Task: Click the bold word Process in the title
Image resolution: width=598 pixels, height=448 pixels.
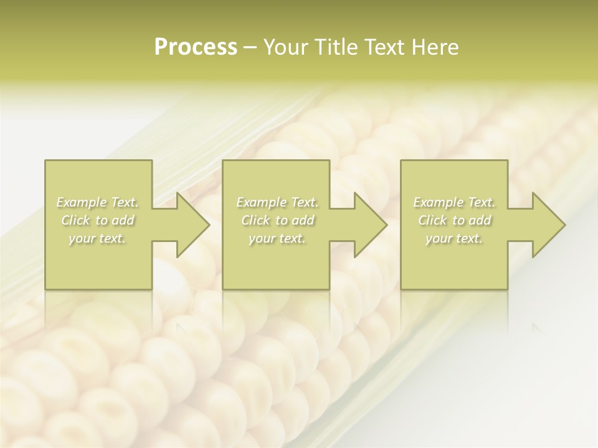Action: (196, 47)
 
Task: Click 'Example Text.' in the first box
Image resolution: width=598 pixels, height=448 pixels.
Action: (98, 202)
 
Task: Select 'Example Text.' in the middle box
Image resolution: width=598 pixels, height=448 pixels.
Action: (277, 202)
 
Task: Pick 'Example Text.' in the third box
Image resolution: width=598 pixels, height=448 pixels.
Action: (454, 202)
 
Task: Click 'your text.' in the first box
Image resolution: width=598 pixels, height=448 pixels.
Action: (97, 238)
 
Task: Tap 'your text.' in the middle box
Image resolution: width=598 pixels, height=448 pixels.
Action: (277, 238)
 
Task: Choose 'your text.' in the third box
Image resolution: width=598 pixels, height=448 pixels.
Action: (454, 238)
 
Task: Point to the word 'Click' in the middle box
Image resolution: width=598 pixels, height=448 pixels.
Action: (255, 220)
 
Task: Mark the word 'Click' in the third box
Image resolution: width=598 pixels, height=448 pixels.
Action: (432, 220)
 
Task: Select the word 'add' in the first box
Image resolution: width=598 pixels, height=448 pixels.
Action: (123, 220)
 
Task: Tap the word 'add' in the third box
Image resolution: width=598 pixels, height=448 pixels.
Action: (480, 220)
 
